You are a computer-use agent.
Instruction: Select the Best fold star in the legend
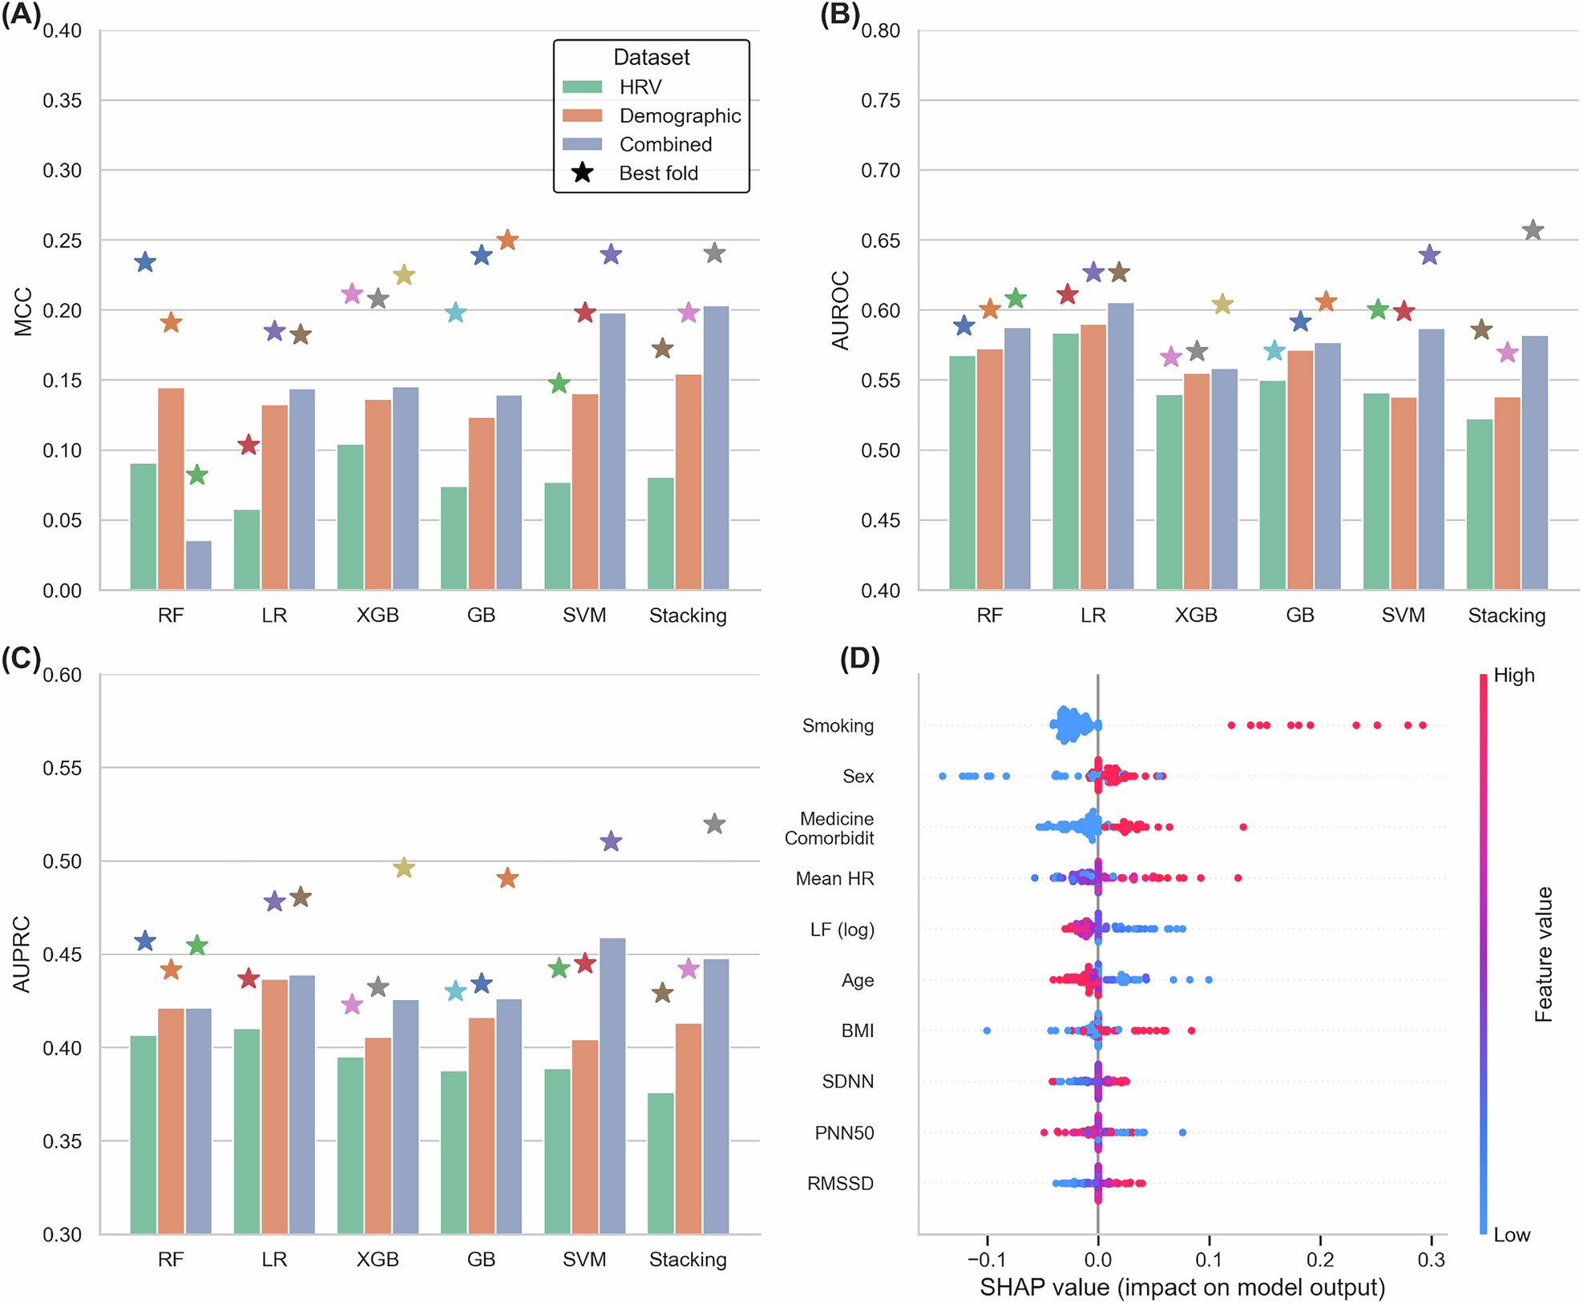[x=583, y=173]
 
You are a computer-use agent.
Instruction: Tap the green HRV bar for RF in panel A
[x=143, y=526]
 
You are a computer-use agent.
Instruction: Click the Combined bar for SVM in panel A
[x=612, y=451]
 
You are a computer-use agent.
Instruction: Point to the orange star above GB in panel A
[x=507, y=240]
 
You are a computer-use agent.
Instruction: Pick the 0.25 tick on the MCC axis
[x=62, y=240]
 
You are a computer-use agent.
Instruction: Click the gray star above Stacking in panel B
[x=1533, y=230]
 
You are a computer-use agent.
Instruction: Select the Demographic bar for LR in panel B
[x=1092, y=457]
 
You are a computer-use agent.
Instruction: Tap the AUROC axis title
[x=840, y=310]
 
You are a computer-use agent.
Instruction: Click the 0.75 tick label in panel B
[x=880, y=101]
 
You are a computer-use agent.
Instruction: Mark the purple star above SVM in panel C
[x=611, y=841]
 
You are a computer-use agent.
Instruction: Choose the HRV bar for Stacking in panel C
[x=660, y=1163]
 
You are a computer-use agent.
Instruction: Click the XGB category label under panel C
[x=378, y=1259]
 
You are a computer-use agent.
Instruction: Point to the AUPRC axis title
[x=22, y=954]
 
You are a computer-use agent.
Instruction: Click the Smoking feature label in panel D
[x=838, y=725]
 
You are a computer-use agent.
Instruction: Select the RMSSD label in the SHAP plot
[x=840, y=1183]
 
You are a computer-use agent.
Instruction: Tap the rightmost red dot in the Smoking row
[x=1423, y=725]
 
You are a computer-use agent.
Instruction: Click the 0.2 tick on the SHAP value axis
[x=1320, y=1259]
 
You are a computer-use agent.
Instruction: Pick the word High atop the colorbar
[x=1513, y=675]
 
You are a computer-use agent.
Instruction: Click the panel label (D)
[x=859, y=659]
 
